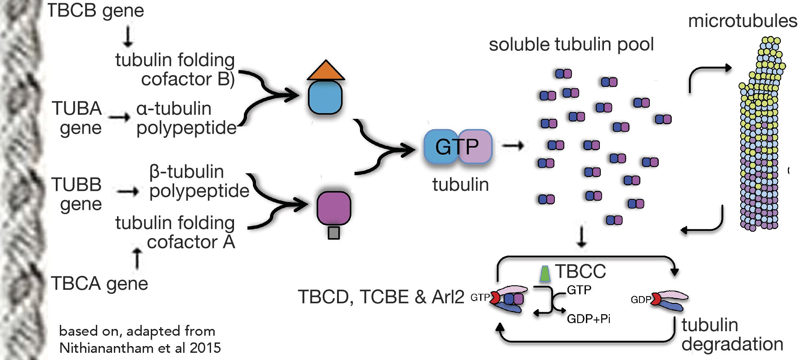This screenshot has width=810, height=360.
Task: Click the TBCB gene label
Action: pos(95,11)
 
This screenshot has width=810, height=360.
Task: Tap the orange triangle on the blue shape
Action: pos(326,71)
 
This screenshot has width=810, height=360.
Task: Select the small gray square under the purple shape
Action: pos(333,233)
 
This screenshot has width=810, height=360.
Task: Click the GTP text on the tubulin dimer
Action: pos(457,147)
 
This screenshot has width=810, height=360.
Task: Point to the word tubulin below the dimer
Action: pos(460,184)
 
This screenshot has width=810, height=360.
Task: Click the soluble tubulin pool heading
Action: pos(571,45)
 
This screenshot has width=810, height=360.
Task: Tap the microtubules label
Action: pos(742,21)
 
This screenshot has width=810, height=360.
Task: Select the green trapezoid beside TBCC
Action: pos(545,273)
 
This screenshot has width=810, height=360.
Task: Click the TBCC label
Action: pos(580,271)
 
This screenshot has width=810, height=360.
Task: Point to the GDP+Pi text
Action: pos(589,319)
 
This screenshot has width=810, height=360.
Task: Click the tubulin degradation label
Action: pos(732,334)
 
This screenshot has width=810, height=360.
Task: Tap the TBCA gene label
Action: pos(99,283)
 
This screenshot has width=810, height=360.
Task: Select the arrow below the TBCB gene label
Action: pos(128,36)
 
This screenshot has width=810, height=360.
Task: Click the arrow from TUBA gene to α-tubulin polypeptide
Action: pos(120,117)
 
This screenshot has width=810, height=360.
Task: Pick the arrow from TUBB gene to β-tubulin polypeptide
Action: pos(128,192)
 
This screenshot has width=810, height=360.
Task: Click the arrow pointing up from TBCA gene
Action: pos(137,258)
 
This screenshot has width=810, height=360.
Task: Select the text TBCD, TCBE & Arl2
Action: pos(381,297)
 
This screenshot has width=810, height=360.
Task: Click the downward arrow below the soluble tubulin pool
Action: pos(581,237)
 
